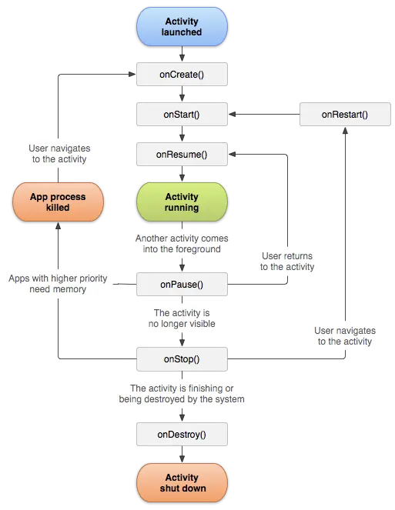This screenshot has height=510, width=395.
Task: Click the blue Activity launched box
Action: click(x=182, y=27)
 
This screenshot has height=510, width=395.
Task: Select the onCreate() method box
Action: click(x=182, y=74)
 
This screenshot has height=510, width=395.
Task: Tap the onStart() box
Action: click(x=182, y=115)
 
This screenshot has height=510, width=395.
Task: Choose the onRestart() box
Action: click(x=344, y=115)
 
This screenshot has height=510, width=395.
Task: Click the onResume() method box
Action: click(x=182, y=154)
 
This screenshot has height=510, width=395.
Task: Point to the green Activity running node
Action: click(x=182, y=202)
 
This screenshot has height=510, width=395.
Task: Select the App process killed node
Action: click(x=58, y=202)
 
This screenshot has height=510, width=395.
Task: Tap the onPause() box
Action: click(x=182, y=285)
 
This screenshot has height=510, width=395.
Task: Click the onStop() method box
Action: click(x=182, y=359)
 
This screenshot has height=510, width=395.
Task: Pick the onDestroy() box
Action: click(x=182, y=435)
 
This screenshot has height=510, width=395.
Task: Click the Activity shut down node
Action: click(x=182, y=482)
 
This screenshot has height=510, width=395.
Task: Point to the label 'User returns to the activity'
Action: click(x=287, y=262)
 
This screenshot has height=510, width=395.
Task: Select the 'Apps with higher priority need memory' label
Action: click(x=58, y=284)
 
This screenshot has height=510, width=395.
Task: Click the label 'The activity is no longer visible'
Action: click(x=182, y=318)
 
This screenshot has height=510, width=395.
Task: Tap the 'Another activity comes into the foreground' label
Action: click(x=182, y=244)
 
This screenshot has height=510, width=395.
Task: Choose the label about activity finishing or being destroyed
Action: click(x=182, y=394)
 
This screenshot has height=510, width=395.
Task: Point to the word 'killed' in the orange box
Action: click(x=58, y=208)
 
